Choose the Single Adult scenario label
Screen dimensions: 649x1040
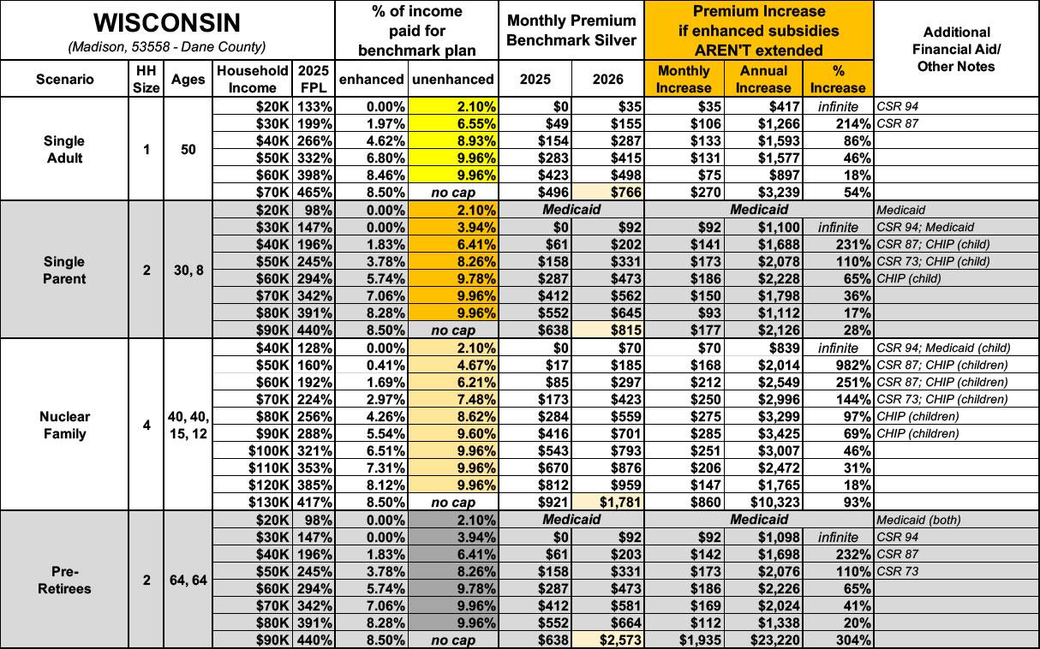coord(65,149)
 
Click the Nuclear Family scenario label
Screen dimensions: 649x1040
coord(65,425)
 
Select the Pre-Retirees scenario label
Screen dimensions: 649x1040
coord(65,580)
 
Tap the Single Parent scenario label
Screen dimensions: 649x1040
coord(65,270)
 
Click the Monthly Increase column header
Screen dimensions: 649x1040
coord(683,79)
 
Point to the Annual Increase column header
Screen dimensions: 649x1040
coord(762,79)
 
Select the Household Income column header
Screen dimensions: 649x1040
coord(253,79)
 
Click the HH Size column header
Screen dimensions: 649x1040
coord(146,79)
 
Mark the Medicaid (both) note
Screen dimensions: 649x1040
coord(917,520)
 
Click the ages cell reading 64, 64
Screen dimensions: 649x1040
coord(188,580)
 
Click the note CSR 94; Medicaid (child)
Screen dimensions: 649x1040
coord(942,348)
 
